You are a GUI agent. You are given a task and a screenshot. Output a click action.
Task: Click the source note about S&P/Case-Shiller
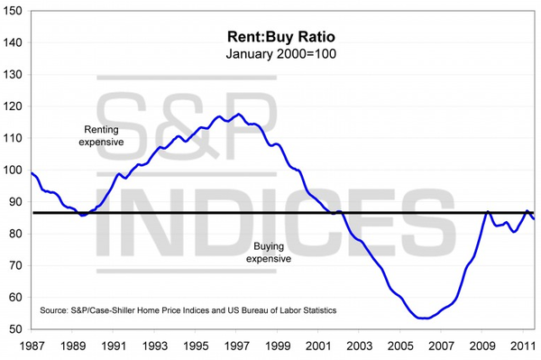(x=188, y=310)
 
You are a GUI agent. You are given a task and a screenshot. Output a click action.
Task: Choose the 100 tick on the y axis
(x=15, y=170)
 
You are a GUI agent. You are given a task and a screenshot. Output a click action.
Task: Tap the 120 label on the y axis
(x=15, y=106)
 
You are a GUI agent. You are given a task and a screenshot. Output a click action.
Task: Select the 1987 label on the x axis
(x=32, y=346)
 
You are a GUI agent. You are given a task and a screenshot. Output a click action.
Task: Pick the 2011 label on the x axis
(x=522, y=346)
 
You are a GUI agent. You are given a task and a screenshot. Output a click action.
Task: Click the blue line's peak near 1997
(x=237, y=115)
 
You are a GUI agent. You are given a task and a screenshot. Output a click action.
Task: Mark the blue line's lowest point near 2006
(x=422, y=318)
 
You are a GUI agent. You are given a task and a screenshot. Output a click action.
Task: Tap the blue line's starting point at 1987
(x=32, y=172)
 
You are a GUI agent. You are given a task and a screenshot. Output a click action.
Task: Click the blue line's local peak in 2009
(x=488, y=211)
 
